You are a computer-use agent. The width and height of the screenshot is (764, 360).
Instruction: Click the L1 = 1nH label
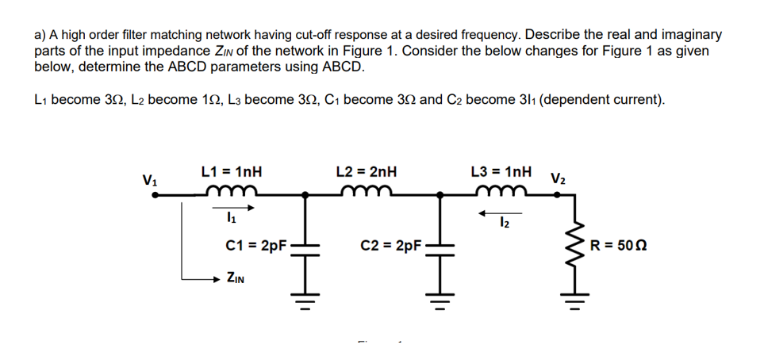click(x=232, y=171)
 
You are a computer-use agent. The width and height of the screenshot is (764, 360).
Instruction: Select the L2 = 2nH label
click(x=367, y=171)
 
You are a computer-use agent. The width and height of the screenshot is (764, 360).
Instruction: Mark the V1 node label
click(x=148, y=178)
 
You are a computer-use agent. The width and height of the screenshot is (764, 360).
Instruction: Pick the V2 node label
click(x=558, y=178)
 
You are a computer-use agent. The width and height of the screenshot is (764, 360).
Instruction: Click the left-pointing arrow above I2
click(x=500, y=212)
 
